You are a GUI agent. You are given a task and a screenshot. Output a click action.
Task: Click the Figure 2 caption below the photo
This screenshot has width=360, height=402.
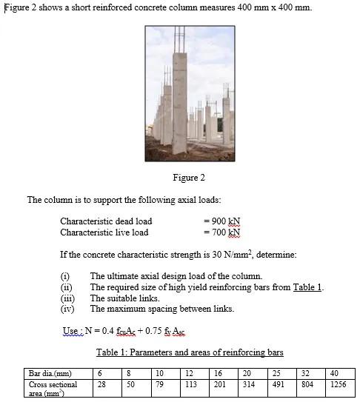188,178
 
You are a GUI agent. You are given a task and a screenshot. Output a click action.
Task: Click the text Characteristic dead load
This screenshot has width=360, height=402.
106,221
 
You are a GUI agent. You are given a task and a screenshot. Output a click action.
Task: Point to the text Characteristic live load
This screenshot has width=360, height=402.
104,232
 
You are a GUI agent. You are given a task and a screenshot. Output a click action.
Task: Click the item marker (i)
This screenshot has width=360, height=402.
64,276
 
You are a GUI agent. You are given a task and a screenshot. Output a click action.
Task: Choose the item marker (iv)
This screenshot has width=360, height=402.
66,309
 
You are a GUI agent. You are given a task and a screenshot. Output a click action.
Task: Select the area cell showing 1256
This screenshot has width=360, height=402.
338,385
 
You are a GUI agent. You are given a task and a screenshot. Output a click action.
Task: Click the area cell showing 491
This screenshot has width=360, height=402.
278,385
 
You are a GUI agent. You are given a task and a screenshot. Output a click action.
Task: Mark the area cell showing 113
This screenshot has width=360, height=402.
190,385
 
